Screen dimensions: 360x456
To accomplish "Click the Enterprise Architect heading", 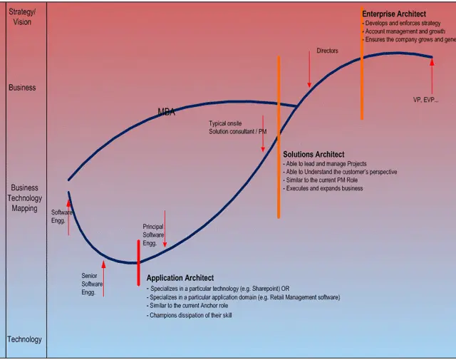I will point(394,14).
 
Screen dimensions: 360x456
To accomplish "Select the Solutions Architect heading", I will point(313,154).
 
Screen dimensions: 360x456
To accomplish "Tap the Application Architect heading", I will point(180,278).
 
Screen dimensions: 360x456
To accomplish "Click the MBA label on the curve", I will point(166,112).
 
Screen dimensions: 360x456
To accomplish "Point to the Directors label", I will point(327,51).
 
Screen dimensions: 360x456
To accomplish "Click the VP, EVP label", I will point(425,100).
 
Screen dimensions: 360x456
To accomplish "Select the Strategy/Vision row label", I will point(20,17).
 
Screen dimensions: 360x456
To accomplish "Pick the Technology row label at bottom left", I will point(24,339).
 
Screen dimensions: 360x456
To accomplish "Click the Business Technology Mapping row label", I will point(25,198).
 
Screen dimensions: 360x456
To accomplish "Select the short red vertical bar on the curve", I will point(138,262).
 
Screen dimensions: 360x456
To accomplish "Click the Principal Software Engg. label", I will point(153,235).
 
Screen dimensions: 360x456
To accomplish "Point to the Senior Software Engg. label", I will point(92,284).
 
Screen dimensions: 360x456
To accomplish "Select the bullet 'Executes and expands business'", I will point(324,188).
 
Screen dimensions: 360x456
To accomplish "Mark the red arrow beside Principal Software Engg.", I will point(165,229).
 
